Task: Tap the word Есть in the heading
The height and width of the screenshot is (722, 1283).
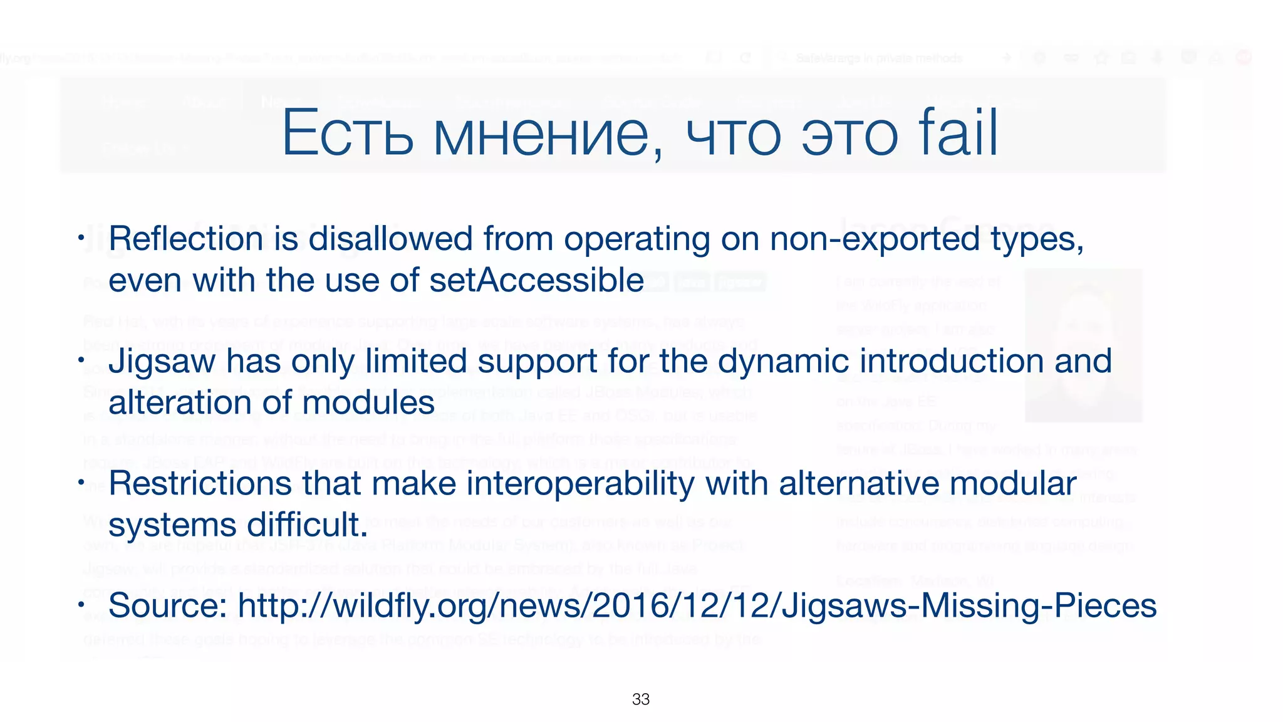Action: tap(348, 134)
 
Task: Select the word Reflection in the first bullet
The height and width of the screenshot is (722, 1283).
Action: tap(186, 239)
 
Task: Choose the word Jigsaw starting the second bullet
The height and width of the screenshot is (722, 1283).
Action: tap(162, 362)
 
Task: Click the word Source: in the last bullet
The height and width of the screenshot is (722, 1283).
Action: tap(168, 606)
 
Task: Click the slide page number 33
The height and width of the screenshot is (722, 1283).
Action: tap(641, 699)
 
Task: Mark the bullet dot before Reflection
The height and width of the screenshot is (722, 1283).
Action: tap(81, 238)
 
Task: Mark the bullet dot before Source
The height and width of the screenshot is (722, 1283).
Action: tap(81, 605)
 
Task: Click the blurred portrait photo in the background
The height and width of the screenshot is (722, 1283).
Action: tap(1083, 345)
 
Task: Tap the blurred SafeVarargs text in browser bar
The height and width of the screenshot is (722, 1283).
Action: tap(878, 58)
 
